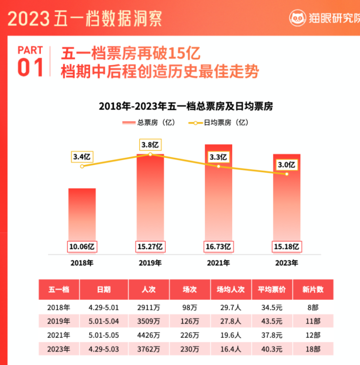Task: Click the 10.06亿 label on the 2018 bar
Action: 82,246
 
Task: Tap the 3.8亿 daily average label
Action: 150,145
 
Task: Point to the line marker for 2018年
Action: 82,166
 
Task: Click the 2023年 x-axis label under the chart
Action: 286,263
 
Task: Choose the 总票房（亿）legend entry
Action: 148,122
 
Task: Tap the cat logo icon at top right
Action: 297,18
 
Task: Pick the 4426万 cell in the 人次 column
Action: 149,335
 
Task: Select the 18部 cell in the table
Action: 312,348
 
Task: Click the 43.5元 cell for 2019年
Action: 272,321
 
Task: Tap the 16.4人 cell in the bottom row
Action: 231,348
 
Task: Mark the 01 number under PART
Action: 31,67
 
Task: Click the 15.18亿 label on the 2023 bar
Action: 286,246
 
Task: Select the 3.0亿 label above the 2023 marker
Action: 286,165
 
